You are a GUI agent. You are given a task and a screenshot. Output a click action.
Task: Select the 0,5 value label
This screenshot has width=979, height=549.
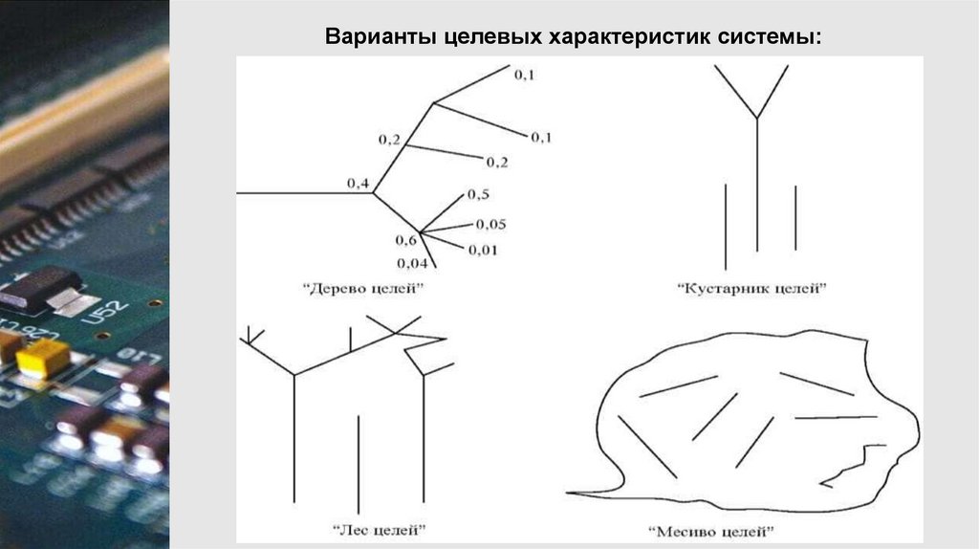(x=478, y=195)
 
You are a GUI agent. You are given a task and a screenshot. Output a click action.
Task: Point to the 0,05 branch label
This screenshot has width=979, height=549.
(x=490, y=225)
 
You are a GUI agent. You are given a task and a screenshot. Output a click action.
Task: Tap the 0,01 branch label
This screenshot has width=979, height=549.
(x=484, y=251)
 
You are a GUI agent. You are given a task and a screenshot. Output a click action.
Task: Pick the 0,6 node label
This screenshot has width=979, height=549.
(x=405, y=239)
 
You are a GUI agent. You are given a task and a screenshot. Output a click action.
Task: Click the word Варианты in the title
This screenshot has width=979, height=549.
(x=380, y=39)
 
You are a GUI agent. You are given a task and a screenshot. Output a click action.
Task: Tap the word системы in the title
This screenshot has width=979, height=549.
(x=779, y=39)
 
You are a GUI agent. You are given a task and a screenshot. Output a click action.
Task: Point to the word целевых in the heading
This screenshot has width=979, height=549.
(x=489, y=39)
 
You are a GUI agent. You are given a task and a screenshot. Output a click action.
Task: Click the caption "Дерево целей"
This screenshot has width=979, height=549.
(x=362, y=287)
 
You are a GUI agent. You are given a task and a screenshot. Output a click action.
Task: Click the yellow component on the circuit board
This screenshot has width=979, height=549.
(x=42, y=357)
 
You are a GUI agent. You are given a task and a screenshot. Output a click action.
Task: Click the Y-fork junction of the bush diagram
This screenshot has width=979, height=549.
(x=757, y=119)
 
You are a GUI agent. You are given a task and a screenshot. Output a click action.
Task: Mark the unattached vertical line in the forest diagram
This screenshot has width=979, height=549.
(x=359, y=464)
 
